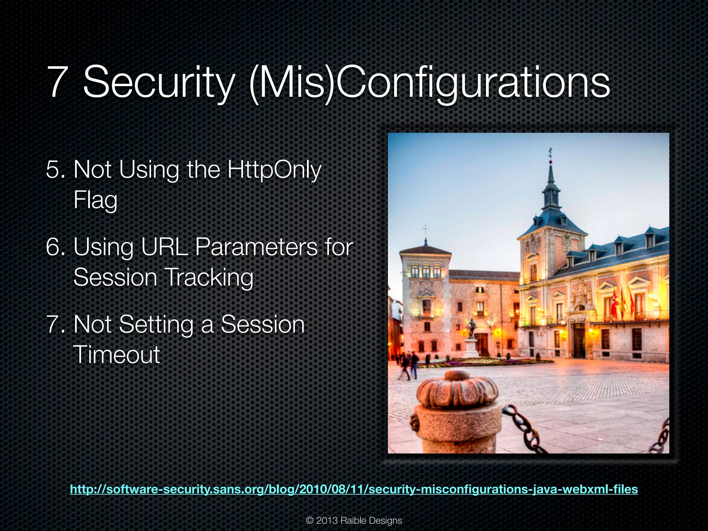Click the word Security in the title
click(159, 83)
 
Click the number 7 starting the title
click(57, 83)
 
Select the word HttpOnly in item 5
click(274, 170)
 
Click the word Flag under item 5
click(95, 201)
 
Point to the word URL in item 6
click(165, 247)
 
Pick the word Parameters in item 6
click(256, 247)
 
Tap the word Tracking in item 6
click(208, 278)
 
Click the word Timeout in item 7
click(117, 355)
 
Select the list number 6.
click(55, 247)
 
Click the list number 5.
click(55, 170)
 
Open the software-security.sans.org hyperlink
click(354, 489)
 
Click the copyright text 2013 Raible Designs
click(354, 521)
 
